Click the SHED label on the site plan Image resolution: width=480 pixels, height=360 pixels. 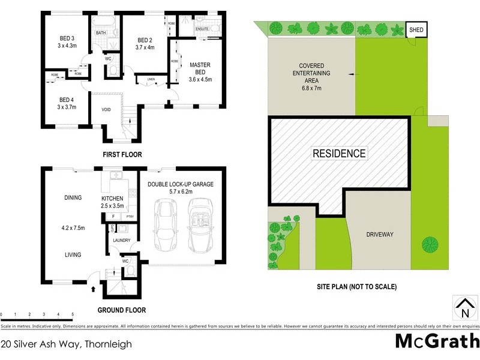tap(415, 29)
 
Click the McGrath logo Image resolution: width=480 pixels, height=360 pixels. tap(437, 341)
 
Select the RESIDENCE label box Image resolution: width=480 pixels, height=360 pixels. tap(339, 154)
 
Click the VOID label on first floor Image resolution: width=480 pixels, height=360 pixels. tap(106, 110)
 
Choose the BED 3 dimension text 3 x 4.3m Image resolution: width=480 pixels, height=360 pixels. tap(68, 46)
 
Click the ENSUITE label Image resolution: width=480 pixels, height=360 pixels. tap(202, 29)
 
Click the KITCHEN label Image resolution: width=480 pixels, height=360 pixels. tap(112, 199)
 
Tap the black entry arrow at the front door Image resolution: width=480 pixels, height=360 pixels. tap(93, 289)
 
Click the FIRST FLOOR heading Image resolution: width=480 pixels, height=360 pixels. tap(122, 154)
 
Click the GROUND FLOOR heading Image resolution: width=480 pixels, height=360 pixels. tap(122, 310)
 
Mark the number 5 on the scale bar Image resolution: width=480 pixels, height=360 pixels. tap(73, 314)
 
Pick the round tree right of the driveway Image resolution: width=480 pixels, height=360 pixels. tap(430, 244)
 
